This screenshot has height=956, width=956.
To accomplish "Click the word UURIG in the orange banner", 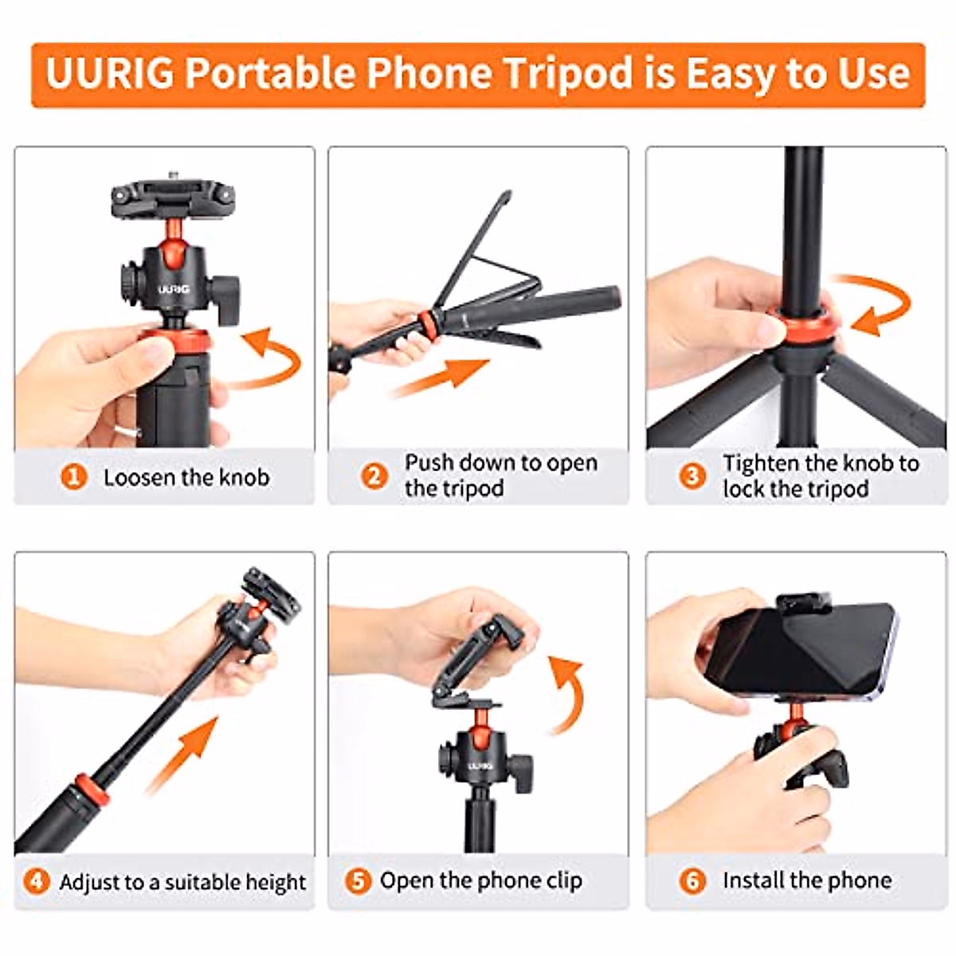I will [x=110, y=73].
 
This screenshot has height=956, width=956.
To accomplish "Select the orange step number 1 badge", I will [x=74, y=477].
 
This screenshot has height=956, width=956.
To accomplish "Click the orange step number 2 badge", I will [x=374, y=476].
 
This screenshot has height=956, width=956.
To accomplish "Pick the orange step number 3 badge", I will [x=692, y=476].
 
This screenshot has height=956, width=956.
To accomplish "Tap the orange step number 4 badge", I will [x=36, y=881].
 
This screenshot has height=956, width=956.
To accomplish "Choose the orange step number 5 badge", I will [x=358, y=880].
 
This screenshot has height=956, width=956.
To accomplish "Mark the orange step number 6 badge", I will [x=692, y=880].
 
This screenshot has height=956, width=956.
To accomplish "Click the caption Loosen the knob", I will [x=186, y=477].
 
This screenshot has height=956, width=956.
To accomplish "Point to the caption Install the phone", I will [x=806, y=880].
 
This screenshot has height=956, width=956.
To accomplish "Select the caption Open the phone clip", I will [x=480, y=880].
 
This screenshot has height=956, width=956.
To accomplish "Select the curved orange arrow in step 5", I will [x=566, y=693].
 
